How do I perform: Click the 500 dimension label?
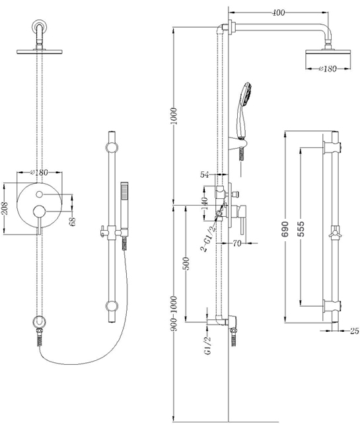coord(186,264)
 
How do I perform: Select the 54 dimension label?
coord(204,175)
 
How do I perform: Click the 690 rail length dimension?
coord(285,229)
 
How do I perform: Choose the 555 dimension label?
coord(301,229)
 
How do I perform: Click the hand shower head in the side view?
coord(245,95)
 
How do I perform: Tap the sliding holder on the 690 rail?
coord(336,235)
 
